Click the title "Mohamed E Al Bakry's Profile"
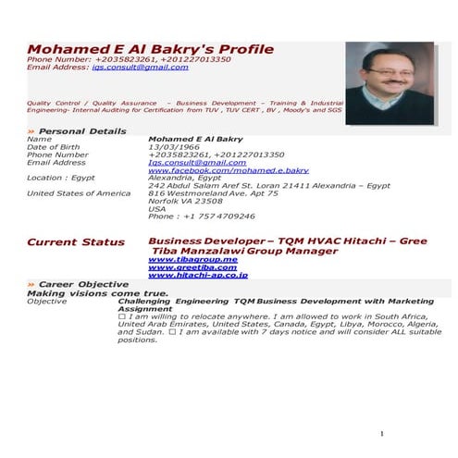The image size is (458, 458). tap(150, 48)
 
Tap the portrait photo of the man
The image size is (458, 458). tap(389, 83)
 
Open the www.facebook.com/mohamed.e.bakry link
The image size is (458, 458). tap(229, 170)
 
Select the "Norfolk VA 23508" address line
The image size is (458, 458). tap(185, 201)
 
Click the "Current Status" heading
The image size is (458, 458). tap(75, 241)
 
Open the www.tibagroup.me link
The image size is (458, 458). tap(192, 260)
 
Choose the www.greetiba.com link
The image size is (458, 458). tap(192, 267)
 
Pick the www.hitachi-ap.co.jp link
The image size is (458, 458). tap(197, 276)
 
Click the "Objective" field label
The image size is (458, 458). tap(47, 301)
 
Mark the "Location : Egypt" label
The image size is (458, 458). tap(60, 177)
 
